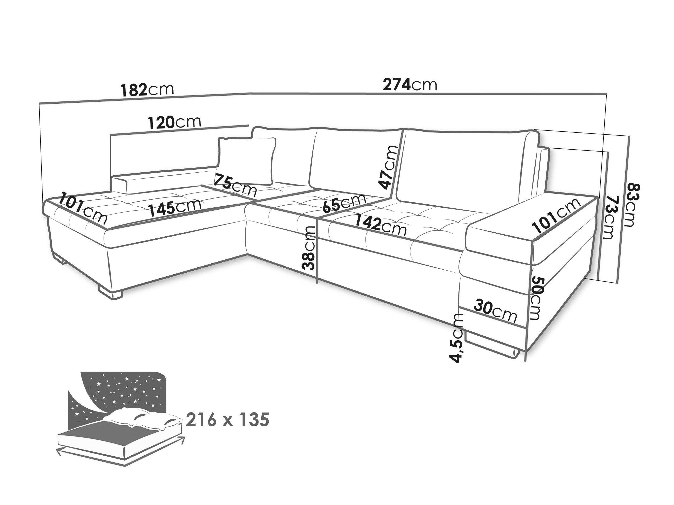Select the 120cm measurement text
[x=175, y=122]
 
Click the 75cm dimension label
[x=235, y=185]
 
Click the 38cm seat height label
[x=308, y=248]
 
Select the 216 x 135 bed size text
[x=227, y=420]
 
